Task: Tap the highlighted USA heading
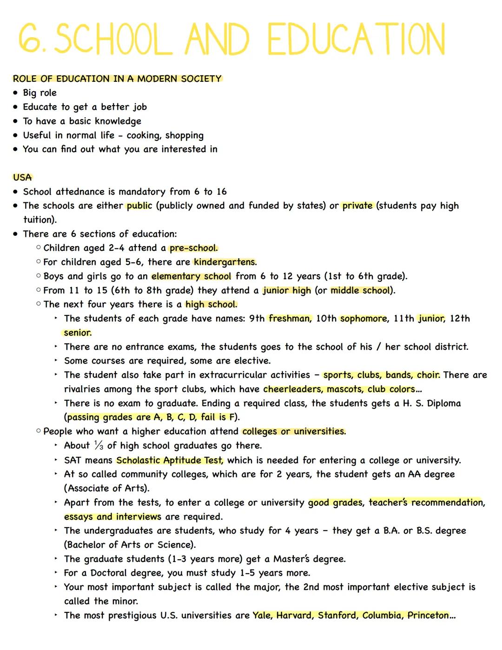coord(22,177)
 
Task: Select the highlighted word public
coord(139,206)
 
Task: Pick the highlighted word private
coord(357,206)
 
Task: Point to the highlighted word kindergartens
coord(225,262)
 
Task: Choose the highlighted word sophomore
coord(363,318)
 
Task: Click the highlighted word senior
coord(78,333)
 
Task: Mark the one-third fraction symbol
coord(99,445)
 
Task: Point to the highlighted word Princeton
coord(428,615)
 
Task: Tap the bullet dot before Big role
coord(16,93)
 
